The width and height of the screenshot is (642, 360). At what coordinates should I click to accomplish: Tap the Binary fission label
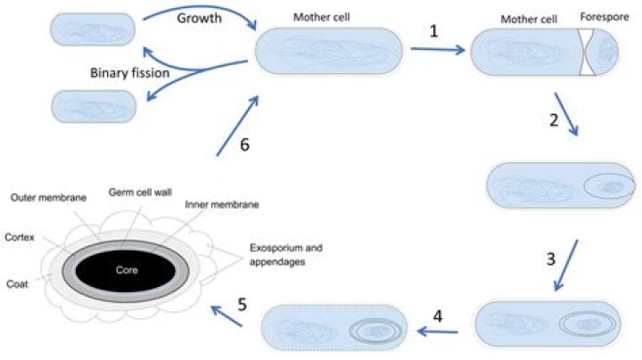pos(128,73)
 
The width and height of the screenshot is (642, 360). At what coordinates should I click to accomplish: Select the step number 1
pos(433,30)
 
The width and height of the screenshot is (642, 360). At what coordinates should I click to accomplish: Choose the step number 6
pos(245,145)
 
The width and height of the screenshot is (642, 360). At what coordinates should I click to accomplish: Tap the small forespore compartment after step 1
pos(606,52)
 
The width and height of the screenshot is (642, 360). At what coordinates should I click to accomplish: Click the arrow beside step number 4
pos(438,332)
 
